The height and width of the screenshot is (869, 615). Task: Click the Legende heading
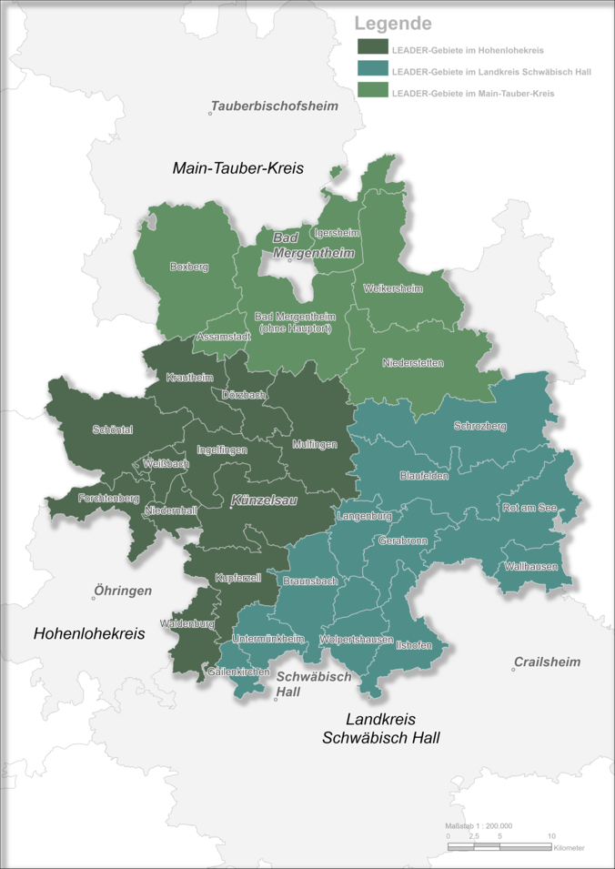393,24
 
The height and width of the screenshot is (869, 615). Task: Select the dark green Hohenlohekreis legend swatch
373,48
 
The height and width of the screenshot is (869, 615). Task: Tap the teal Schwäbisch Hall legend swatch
373,70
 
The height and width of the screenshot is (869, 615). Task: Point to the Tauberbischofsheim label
275,106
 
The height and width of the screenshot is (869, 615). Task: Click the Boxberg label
189,267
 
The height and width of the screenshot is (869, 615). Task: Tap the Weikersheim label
393,288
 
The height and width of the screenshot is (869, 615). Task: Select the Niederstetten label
413,363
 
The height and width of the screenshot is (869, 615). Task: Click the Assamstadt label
224,336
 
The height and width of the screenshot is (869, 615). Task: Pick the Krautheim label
189,377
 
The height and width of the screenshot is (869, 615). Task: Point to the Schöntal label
113,429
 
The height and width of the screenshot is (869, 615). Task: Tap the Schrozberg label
480,426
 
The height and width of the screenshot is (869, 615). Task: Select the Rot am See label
529,508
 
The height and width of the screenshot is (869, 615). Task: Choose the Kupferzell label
238,578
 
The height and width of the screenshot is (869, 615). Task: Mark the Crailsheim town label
547,662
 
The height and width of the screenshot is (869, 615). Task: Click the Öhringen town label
123,591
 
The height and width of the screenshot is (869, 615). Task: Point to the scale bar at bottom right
499,846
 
